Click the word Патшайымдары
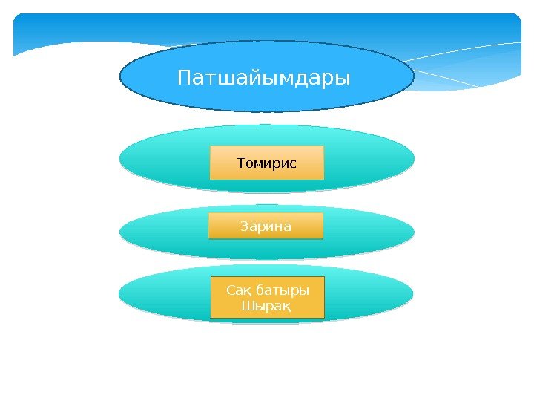(263, 77)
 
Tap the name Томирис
(266, 162)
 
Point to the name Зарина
(266, 225)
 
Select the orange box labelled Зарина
(222, 232)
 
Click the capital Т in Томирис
(241, 162)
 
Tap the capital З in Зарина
(245, 225)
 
